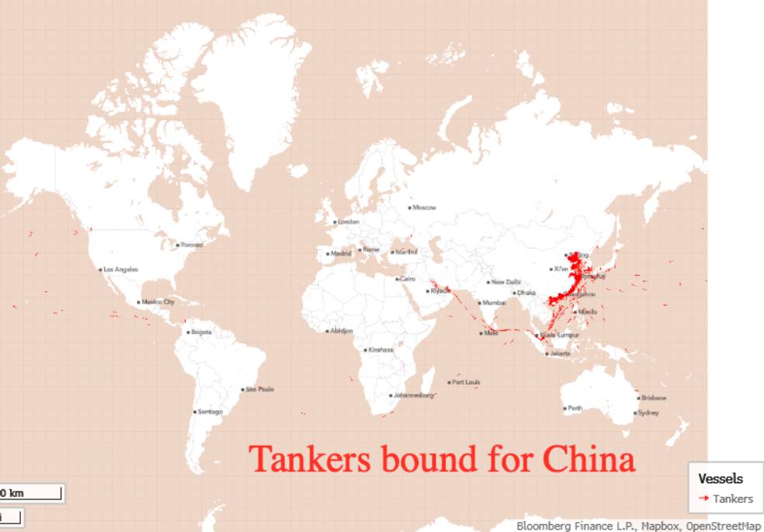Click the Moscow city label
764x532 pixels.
coord(424,208)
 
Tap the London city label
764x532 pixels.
coord(348,222)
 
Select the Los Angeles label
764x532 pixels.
coord(120,269)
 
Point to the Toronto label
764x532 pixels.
coord(191,245)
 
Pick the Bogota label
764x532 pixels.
coord(200,332)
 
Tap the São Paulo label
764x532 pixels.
coord(260,389)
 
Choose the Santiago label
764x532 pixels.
coord(210,411)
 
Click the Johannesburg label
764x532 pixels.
coord(413,395)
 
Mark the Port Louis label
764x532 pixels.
coord(466,382)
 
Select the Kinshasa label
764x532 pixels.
coord(380,349)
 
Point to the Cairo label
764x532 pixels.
coord(407,279)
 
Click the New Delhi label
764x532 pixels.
coord(505,282)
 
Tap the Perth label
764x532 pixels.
coord(575,408)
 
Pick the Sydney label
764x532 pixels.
coord(648,413)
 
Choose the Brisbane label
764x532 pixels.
coord(653,398)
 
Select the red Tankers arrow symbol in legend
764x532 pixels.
coord(703,499)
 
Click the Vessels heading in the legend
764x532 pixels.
coord(720,479)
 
